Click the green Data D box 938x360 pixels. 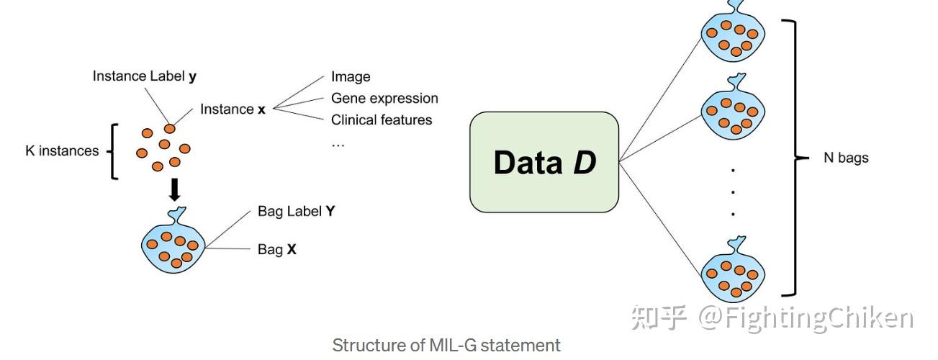coord(544,162)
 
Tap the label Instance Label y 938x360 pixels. coord(145,76)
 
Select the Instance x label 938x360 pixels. coord(233,109)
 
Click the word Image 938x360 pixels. coord(351,76)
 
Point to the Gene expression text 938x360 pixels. coord(384,98)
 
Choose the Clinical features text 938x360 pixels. coord(382,120)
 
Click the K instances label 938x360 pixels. coord(62,150)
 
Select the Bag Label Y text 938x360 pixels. coord(296,212)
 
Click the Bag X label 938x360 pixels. coord(276,250)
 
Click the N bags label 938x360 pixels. coord(846,158)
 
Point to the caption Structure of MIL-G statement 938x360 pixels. coord(446,346)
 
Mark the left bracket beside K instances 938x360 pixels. coord(112,151)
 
